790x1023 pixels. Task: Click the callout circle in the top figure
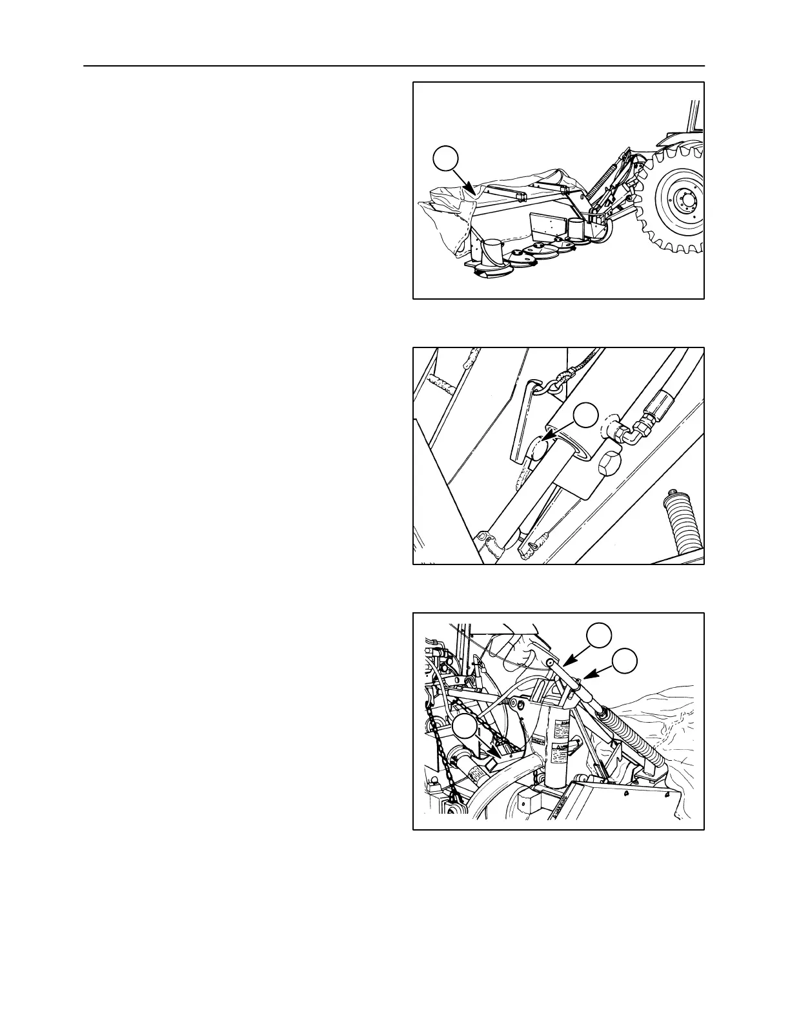click(445, 160)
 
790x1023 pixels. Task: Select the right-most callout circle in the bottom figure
click(624, 661)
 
